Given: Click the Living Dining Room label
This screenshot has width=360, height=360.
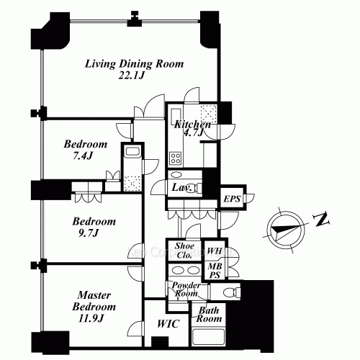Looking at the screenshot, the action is tap(135, 64).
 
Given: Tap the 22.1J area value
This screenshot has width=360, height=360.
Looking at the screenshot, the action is tap(132, 76).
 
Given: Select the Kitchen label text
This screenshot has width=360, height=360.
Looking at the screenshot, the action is tap(192, 125).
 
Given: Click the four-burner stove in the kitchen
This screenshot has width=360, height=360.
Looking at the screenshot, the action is tap(176, 158).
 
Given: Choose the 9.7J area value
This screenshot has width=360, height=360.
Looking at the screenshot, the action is tap(89, 233).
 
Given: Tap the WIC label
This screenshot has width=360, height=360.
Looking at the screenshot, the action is tap(168, 324).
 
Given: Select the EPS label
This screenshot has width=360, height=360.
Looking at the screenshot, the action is tap(232, 199).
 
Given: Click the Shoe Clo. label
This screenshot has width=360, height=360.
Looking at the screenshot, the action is tap(184, 251).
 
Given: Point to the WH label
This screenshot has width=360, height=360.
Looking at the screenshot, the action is tap(215, 251).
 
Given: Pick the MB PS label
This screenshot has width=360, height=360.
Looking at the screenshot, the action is tap(215, 270).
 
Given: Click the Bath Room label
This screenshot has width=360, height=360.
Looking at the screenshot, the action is tap(209, 315).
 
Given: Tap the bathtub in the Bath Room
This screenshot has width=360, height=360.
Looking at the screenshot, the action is tap(208, 337).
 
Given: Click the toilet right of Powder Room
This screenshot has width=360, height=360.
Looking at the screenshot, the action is tap(232, 292).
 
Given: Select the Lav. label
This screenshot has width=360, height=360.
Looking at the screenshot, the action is tap(181, 187).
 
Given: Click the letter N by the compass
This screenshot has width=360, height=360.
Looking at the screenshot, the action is tap(321, 219).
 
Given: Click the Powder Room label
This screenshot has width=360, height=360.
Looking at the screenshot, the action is tap(186, 289).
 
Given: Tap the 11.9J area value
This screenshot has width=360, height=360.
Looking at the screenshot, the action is tap(91, 318).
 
